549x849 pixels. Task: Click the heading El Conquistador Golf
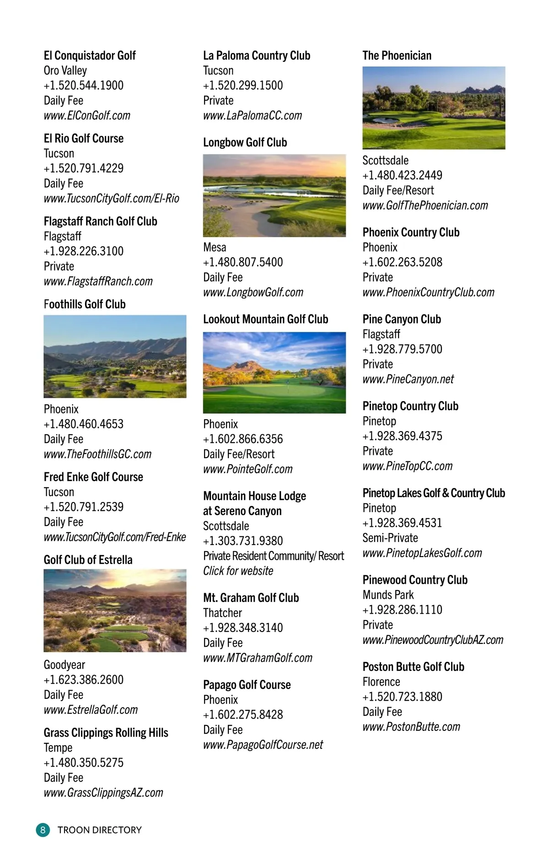(x=90, y=56)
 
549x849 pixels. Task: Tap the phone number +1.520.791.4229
(x=84, y=168)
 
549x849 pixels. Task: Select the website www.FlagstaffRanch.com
(x=98, y=281)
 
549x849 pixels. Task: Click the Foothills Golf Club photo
(x=115, y=356)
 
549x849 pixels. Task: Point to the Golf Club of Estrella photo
(x=115, y=610)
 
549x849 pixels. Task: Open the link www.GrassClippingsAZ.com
(x=103, y=793)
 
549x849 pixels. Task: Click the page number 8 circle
(x=43, y=830)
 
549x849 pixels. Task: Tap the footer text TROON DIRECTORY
(x=100, y=830)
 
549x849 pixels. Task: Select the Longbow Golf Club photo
(x=274, y=195)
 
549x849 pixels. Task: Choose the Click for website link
(x=238, y=571)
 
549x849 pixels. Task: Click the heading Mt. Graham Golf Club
(x=251, y=598)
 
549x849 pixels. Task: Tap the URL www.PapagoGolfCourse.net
(x=263, y=745)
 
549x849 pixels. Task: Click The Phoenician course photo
(x=434, y=108)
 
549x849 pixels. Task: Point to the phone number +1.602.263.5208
(x=403, y=262)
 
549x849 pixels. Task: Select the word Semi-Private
(x=390, y=538)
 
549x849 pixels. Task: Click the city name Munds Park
(x=388, y=595)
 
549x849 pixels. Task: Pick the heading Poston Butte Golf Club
(x=414, y=667)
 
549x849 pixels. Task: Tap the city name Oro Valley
(x=65, y=70)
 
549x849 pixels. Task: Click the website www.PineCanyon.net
(x=408, y=379)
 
